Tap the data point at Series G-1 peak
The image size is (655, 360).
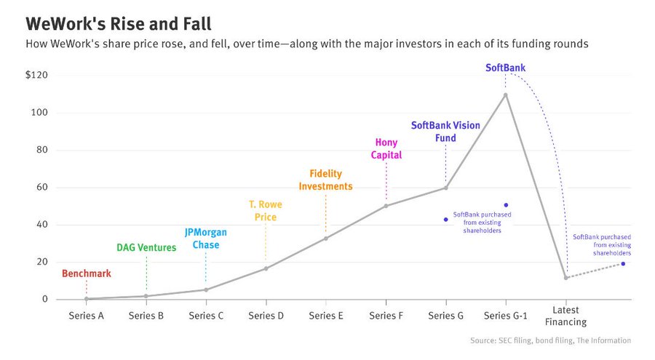[505, 95]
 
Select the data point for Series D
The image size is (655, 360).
[266, 268]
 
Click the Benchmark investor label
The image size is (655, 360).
[86, 274]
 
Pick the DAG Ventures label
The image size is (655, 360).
[146, 247]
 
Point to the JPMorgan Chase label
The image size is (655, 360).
[205, 239]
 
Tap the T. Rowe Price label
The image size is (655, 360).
[266, 211]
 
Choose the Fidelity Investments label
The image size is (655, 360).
[325, 180]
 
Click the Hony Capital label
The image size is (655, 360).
[386, 148]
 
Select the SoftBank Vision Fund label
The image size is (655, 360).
[445, 132]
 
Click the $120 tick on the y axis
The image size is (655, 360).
[37, 76]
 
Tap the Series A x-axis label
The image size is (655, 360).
[86, 316]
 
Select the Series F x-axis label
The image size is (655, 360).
[386, 316]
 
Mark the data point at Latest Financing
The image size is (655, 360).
[565, 278]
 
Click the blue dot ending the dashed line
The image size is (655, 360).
[623, 263]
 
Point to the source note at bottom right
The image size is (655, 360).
[551, 340]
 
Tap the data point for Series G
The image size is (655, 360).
[445, 188]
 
